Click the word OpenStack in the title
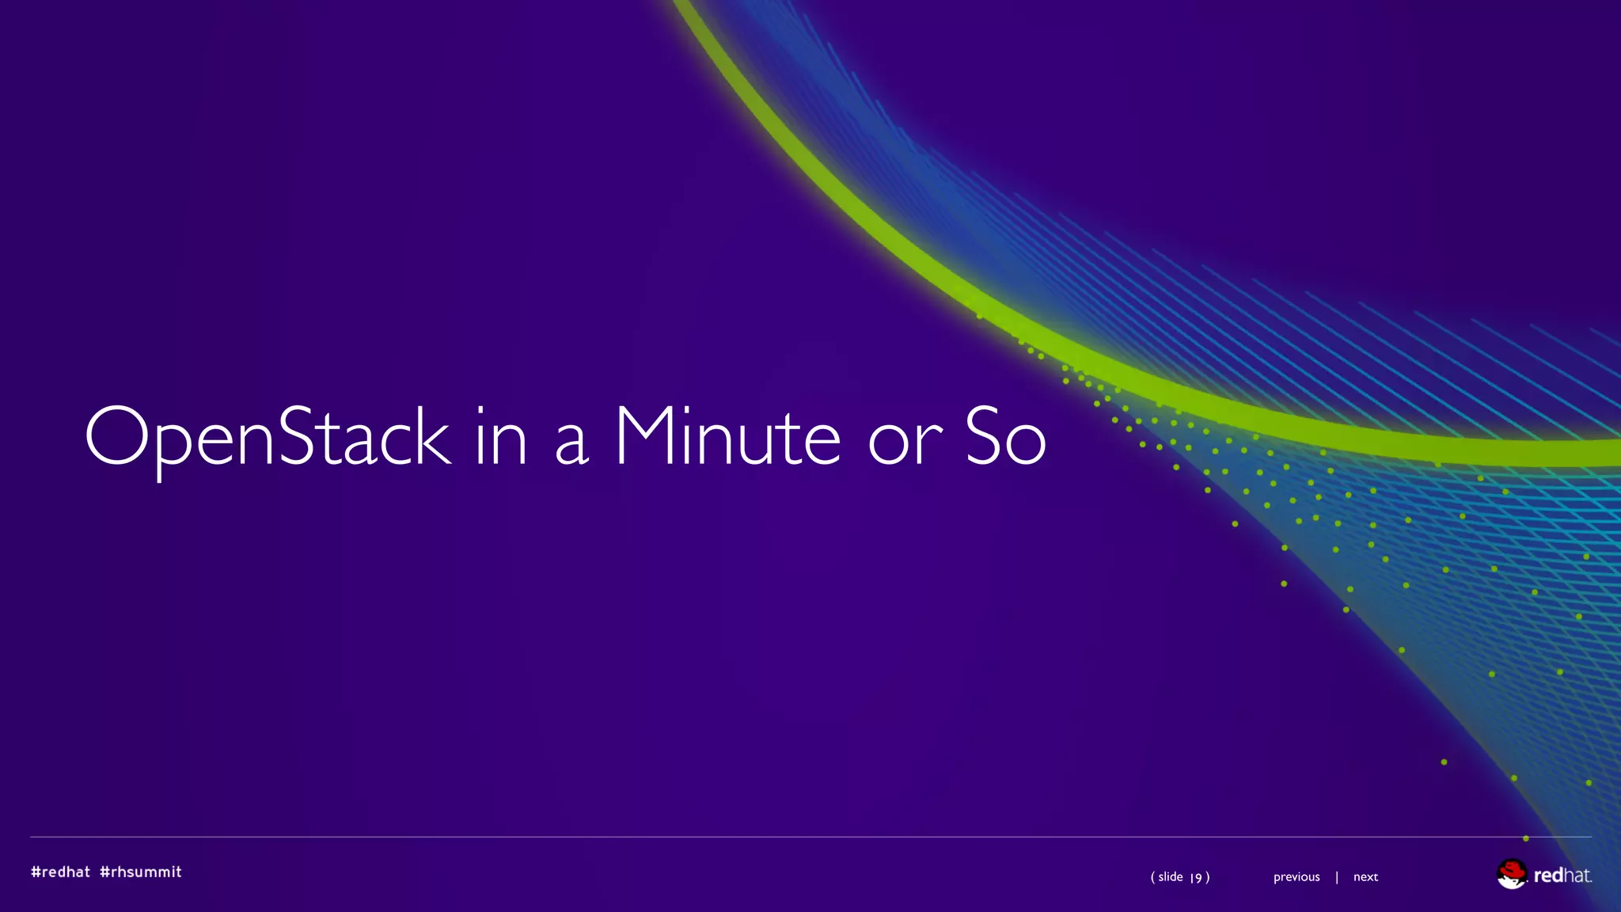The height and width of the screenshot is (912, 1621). point(268,437)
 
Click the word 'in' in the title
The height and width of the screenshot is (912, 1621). point(501,437)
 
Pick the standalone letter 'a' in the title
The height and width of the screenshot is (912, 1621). point(571,443)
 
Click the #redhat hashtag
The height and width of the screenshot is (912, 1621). point(61,872)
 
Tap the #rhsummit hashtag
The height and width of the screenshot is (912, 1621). point(141,872)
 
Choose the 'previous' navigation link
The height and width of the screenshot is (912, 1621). point(1296,876)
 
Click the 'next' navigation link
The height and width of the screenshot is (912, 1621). point(1365,876)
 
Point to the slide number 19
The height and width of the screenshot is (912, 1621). point(1197,877)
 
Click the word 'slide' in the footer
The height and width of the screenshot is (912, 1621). point(1171,876)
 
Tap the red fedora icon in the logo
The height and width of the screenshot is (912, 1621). point(1511,873)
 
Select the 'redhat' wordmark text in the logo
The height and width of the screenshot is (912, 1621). point(1562,875)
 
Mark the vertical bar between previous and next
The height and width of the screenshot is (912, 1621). point(1337,876)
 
